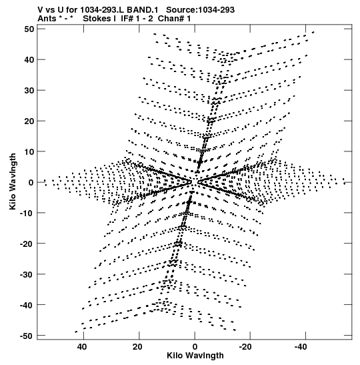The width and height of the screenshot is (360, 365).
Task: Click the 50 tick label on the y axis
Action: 29,29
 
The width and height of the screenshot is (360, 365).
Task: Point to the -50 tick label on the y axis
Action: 27,336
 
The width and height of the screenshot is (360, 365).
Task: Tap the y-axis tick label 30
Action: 29,90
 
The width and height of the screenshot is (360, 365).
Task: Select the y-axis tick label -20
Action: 27,244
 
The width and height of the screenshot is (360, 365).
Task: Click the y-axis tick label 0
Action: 31,182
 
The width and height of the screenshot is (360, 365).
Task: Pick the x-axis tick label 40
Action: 82,347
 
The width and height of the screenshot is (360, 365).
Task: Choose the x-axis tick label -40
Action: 301,347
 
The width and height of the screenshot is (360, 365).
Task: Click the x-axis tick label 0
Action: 195,347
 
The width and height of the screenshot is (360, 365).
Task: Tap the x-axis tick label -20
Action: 245,347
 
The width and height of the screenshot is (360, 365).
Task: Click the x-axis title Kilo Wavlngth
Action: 195,356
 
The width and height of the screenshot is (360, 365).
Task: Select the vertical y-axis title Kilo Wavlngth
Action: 13,181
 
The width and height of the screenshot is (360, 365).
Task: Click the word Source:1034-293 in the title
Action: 200,10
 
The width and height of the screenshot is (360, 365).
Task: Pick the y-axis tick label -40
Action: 27,305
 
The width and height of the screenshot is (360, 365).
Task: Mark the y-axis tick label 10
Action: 29,151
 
